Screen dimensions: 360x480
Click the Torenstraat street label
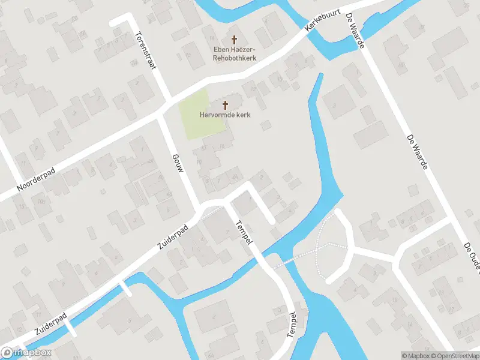point(146,50)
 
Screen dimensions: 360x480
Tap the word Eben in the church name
point(222,49)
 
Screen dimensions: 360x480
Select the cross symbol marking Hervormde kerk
point(225,104)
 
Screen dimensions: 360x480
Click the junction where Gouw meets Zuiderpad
point(200,211)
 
